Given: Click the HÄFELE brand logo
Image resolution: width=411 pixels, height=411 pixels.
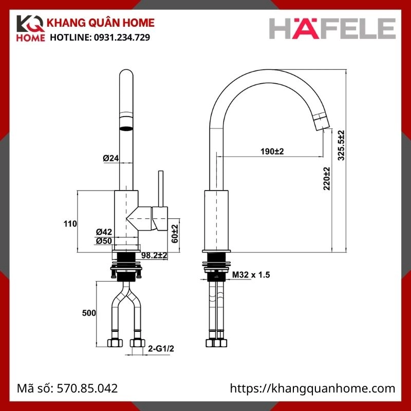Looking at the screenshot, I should pyautogui.click(x=333, y=29).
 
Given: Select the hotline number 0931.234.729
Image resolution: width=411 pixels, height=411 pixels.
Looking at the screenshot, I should pyautogui.click(x=121, y=38).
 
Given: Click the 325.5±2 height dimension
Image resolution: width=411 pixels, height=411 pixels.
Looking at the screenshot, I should pyautogui.click(x=341, y=145).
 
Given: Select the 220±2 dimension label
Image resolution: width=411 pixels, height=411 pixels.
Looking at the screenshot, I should pyautogui.click(x=327, y=179).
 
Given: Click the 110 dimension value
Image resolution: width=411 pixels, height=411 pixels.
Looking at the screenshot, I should pyautogui.click(x=70, y=223).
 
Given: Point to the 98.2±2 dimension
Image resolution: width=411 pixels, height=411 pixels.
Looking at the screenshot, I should pyautogui.click(x=155, y=255).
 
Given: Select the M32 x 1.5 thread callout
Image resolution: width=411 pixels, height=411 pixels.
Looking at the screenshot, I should pyautogui.click(x=251, y=275).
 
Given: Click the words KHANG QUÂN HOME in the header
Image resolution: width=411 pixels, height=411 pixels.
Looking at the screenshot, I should pyautogui.click(x=100, y=24).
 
